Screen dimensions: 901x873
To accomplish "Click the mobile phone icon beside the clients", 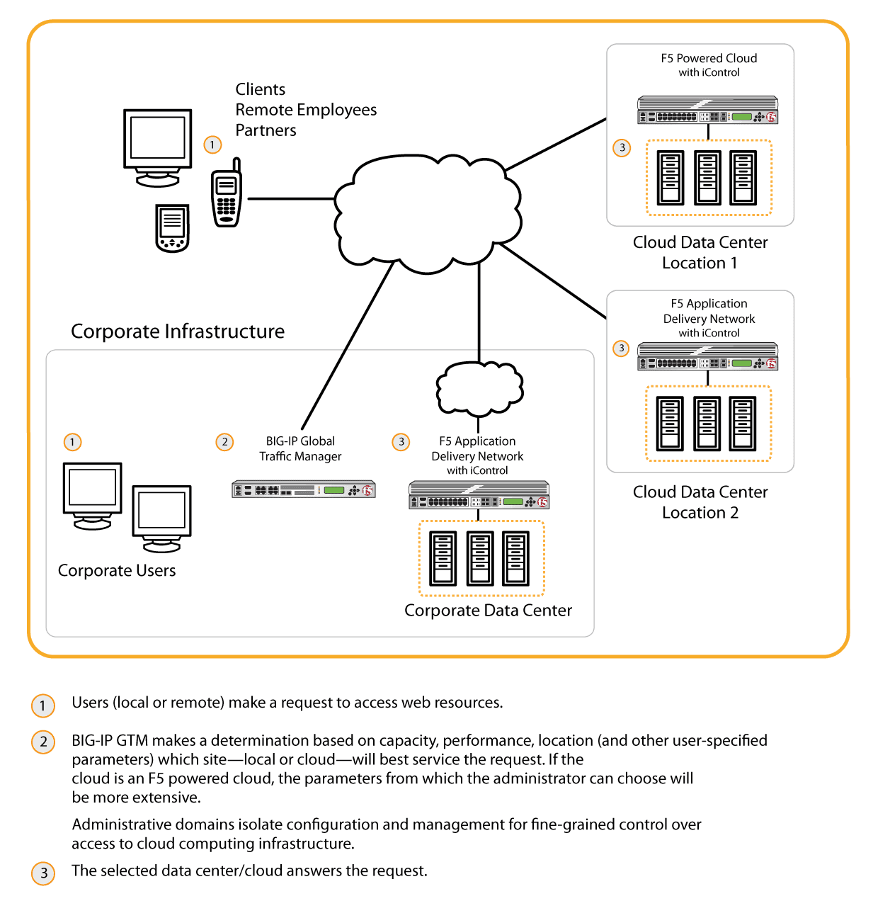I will click(x=227, y=195).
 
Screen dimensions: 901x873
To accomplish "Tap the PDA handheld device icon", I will click(x=172, y=227).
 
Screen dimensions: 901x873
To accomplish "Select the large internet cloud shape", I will click(x=428, y=212).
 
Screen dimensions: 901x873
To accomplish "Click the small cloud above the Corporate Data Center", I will click(x=479, y=388).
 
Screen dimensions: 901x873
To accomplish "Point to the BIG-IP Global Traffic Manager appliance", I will click(x=304, y=489).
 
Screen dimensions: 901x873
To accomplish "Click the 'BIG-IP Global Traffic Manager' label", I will click(x=300, y=448).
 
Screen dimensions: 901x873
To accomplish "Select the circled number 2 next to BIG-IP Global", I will click(x=224, y=442).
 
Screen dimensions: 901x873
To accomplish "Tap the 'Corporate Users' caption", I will click(x=117, y=570).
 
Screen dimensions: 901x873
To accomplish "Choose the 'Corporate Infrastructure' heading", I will click(x=178, y=331).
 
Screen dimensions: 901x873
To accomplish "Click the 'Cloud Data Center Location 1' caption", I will click(x=700, y=252).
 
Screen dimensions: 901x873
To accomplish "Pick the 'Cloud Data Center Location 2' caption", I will click(x=700, y=502).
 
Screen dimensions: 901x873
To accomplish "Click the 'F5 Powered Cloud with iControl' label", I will click(x=709, y=64).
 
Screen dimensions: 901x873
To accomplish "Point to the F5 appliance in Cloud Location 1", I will click(x=707, y=110).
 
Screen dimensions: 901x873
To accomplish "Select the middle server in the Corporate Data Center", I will click(x=480, y=559).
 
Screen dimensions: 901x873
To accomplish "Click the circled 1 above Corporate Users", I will click(x=72, y=442).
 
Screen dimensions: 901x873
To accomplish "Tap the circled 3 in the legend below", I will click(x=43, y=873).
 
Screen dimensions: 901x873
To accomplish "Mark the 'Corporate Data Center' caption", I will click(x=488, y=611).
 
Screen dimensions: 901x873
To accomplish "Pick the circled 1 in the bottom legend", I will click(x=43, y=705).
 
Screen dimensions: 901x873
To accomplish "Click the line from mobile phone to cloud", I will click(x=290, y=198).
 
